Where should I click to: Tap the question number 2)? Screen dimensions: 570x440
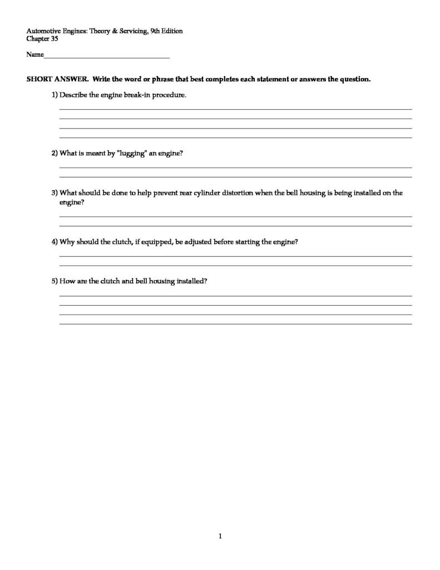55,153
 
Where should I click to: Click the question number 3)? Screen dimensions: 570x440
55,193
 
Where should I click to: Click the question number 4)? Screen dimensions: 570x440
55,242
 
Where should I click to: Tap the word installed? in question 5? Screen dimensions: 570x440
192,281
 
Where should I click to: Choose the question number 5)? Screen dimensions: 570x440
55,281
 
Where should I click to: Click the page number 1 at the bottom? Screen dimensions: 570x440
220,536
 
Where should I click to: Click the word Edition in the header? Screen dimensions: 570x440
170,31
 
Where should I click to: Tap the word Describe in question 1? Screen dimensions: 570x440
73,95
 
